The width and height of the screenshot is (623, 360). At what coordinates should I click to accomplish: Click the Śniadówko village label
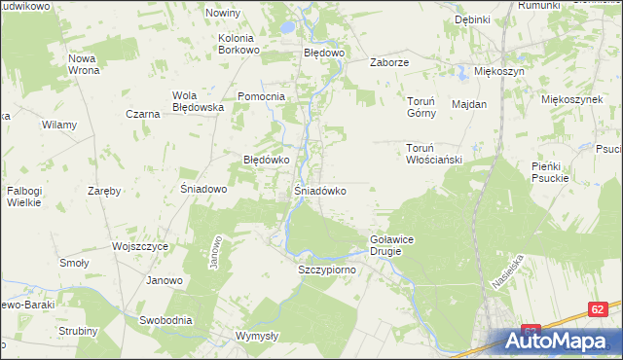pyautogui.click(x=320, y=191)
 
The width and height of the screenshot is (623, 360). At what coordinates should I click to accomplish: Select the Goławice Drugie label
pyautogui.click(x=392, y=244)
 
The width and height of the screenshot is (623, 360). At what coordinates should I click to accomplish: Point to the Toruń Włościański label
pyautogui.click(x=432, y=154)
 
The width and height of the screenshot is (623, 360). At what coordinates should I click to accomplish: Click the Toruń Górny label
pyautogui.click(x=425, y=105)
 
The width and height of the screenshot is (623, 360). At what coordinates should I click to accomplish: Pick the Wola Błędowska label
pyautogui.click(x=199, y=101)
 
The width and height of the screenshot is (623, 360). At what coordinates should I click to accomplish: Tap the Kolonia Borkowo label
pyautogui.click(x=238, y=44)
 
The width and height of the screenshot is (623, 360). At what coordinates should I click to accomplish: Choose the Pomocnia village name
pyautogui.click(x=261, y=96)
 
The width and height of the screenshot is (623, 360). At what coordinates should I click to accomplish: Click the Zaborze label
pyautogui.click(x=388, y=61)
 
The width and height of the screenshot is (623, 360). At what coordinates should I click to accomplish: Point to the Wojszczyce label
pyautogui.click(x=140, y=247)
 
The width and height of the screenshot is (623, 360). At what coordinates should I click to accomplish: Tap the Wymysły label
pyautogui.click(x=258, y=336)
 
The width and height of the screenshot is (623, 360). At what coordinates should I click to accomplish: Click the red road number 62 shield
pyautogui.click(x=599, y=308)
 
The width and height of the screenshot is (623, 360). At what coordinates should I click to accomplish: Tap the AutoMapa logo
pyautogui.click(x=559, y=341)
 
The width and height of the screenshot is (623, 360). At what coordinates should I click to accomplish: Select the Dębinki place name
pyautogui.click(x=472, y=19)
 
